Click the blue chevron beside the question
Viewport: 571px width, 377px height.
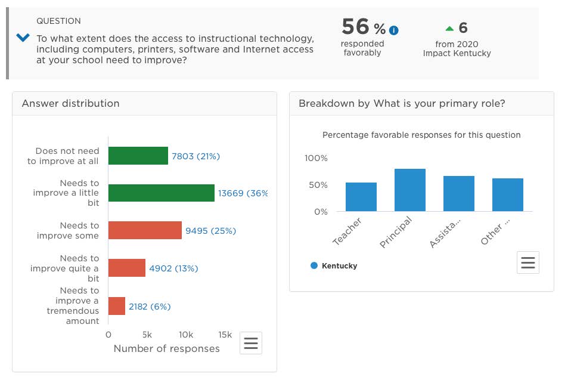click(x=23, y=38)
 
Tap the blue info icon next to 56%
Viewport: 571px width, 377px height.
click(x=394, y=30)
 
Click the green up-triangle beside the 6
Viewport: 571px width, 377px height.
click(x=449, y=28)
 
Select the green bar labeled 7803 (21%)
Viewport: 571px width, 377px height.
click(x=138, y=156)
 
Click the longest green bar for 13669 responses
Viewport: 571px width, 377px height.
click(x=161, y=193)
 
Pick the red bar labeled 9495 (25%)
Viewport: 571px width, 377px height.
click(x=145, y=230)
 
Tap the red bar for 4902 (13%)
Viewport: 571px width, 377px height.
click(x=126, y=268)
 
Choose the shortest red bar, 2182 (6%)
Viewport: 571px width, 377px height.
click(x=116, y=306)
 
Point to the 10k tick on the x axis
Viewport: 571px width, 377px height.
click(x=186, y=335)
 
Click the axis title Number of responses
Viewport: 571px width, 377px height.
click(x=166, y=348)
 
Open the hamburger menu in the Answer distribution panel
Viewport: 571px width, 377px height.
click(x=251, y=343)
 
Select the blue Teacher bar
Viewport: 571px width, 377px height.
click(x=361, y=197)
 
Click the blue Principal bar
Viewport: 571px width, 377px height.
click(x=410, y=190)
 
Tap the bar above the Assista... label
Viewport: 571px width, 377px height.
click(x=459, y=194)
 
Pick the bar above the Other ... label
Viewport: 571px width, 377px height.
click(x=508, y=195)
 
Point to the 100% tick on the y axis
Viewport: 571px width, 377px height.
click(x=316, y=158)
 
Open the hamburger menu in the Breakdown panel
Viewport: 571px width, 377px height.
click(x=528, y=262)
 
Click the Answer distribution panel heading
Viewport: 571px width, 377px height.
click(x=71, y=103)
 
